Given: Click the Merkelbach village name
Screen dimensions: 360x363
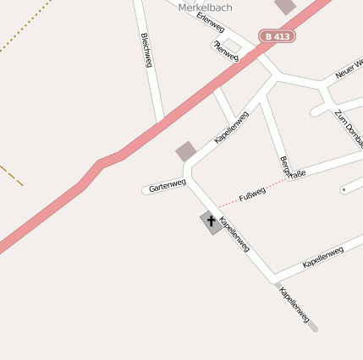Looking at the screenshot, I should [x=205, y=7].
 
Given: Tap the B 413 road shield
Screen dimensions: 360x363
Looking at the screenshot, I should [x=277, y=36].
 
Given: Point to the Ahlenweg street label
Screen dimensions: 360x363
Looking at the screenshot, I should [x=227, y=51].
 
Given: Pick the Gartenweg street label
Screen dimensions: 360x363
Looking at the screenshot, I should [x=167, y=185].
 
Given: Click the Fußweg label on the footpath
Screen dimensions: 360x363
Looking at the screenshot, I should [x=252, y=194].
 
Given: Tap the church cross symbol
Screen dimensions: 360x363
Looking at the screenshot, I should [x=211, y=221].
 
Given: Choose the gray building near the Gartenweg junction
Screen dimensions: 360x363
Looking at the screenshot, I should [x=186, y=151].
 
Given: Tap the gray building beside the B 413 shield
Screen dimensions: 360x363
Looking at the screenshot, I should [x=286, y=6].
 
